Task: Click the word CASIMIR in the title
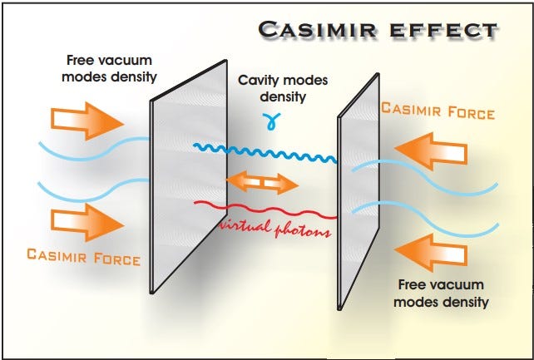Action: [318, 30]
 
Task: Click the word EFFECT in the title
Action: [443, 30]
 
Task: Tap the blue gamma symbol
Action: [271, 121]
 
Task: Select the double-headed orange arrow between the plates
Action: [262, 183]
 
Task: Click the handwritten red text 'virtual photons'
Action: [274, 229]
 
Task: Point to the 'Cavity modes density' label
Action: [283, 88]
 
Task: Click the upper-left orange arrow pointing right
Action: [87, 121]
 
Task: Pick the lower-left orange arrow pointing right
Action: [87, 223]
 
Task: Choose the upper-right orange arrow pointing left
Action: [431, 151]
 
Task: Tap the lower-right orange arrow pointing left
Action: [431, 253]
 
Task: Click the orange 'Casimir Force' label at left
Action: [83, 257]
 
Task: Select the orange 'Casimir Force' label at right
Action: [438, 111]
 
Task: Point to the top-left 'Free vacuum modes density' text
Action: [109, 69]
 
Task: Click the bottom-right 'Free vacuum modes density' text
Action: [441, 293]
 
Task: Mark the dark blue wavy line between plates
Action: [265, 153]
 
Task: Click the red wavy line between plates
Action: [265, 210]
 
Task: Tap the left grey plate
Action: [188, 177]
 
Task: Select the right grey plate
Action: [358, 190]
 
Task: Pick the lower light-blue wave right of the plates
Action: [425, 219]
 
